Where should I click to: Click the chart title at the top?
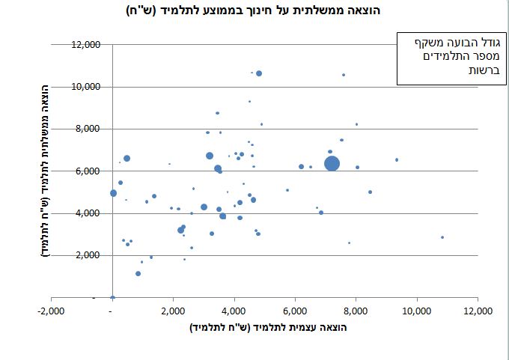coord(254,11)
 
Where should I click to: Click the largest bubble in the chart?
coord(332,164)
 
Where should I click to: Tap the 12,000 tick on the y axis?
coord(85,45)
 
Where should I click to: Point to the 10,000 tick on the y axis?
coord(85,87)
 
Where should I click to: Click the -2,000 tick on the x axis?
coord(50,311)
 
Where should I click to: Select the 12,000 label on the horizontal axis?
coord(478,311)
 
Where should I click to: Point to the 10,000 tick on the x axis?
coord(416,311)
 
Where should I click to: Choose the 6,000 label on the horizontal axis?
coord(295,311)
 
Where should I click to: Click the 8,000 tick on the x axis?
coord(356,311)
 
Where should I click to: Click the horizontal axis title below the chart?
coord(269,329)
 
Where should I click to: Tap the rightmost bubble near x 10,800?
coord(442,237)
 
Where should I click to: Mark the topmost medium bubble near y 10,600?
coord(259,73)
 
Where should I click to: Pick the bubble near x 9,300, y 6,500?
coord(397,159)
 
